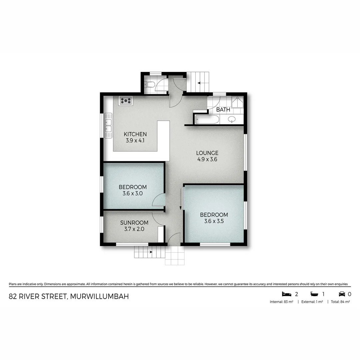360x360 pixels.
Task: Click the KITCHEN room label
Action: coord(135,134)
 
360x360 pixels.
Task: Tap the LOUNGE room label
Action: coord(207,153)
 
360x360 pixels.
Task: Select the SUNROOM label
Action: coord(134,223)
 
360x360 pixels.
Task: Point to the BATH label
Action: coord(223,109)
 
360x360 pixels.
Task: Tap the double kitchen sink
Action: coord(108,125)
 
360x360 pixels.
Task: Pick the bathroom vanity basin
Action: coord(232,119)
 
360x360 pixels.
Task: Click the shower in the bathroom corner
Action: coord(238,102)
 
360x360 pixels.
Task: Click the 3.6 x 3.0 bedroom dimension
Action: coord(133,193)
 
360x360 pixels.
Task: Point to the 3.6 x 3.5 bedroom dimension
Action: coord(214,221)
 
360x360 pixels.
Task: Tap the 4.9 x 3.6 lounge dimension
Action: coord(207,159)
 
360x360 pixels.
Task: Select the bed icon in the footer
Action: coord(286,294)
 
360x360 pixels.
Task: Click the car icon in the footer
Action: coord(342,294)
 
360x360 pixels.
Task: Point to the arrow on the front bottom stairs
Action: coord(150,252)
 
